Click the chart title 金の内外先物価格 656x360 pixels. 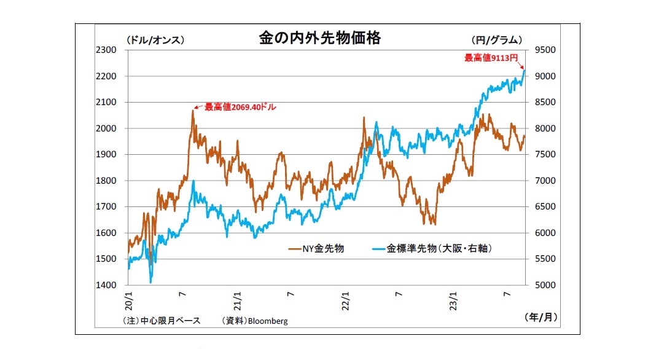(x=319, y=38)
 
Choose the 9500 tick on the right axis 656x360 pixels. (x=545, y=50)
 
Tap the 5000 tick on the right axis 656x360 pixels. (x=545, y=285)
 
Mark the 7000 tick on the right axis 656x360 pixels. (x=545, y=181)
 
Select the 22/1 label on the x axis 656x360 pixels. (x=345, y=299)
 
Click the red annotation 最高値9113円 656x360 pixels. (x=491, y=58)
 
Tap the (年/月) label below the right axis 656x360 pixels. (x=542, y=317)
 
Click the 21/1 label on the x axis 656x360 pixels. (x=237, y=299)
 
